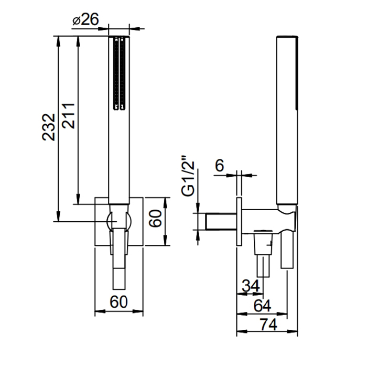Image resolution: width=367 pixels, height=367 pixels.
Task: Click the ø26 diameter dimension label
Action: pyautogui.click(x=85, y=19)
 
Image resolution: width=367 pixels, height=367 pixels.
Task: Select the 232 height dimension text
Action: pyautogui.click(x=49, y=127)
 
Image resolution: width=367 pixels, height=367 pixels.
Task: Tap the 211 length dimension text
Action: pyautogui.click(x=68, y=116)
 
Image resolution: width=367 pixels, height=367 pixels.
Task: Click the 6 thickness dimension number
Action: pyautogui.click(x=219, y=165)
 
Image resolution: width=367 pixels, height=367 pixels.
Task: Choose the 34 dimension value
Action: pyautogui.click(x=251, y=286)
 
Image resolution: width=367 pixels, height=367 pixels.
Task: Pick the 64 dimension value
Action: pyautogui.click(x=262, y=306)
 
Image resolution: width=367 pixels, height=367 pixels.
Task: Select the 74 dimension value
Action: pyautogui.click(x=268, y=325)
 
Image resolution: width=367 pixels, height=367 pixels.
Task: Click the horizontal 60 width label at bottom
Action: pyautogui.click(x=118, y=301)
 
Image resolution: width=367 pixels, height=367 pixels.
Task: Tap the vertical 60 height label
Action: pyautogui.click(x=155, y=218)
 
